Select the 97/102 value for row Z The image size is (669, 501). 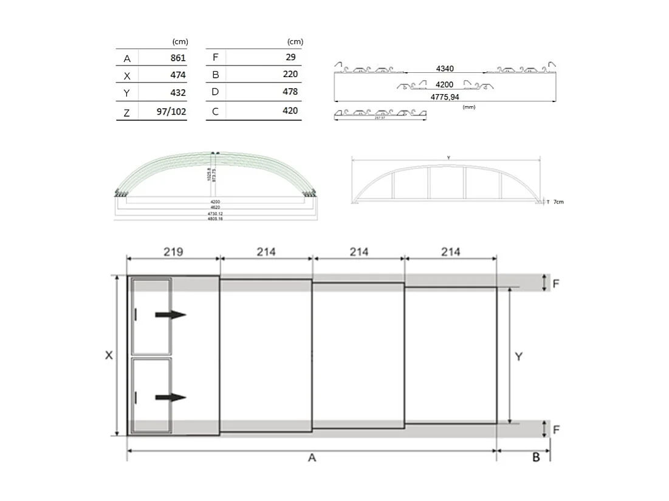pos(171,112)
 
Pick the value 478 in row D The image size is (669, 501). pos(290,92)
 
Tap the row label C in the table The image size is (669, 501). pos(216,112)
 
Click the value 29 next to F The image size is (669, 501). pos(290,57)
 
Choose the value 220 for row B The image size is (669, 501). pos(290,75)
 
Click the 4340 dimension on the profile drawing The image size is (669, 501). pos(445,69)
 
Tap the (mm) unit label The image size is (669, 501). pos(468,107)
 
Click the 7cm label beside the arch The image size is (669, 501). pos(558,202)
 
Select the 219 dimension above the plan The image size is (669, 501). pos(173,251)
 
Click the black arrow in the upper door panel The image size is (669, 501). pos(170,315)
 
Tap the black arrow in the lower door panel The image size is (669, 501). pos(170,397)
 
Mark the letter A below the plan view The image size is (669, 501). pos(312,458)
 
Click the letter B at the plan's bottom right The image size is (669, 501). pos(536,457)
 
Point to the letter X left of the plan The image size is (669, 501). pos(109,356)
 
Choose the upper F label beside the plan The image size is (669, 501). pos(555,282)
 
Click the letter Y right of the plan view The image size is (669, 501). pos(518,356)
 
